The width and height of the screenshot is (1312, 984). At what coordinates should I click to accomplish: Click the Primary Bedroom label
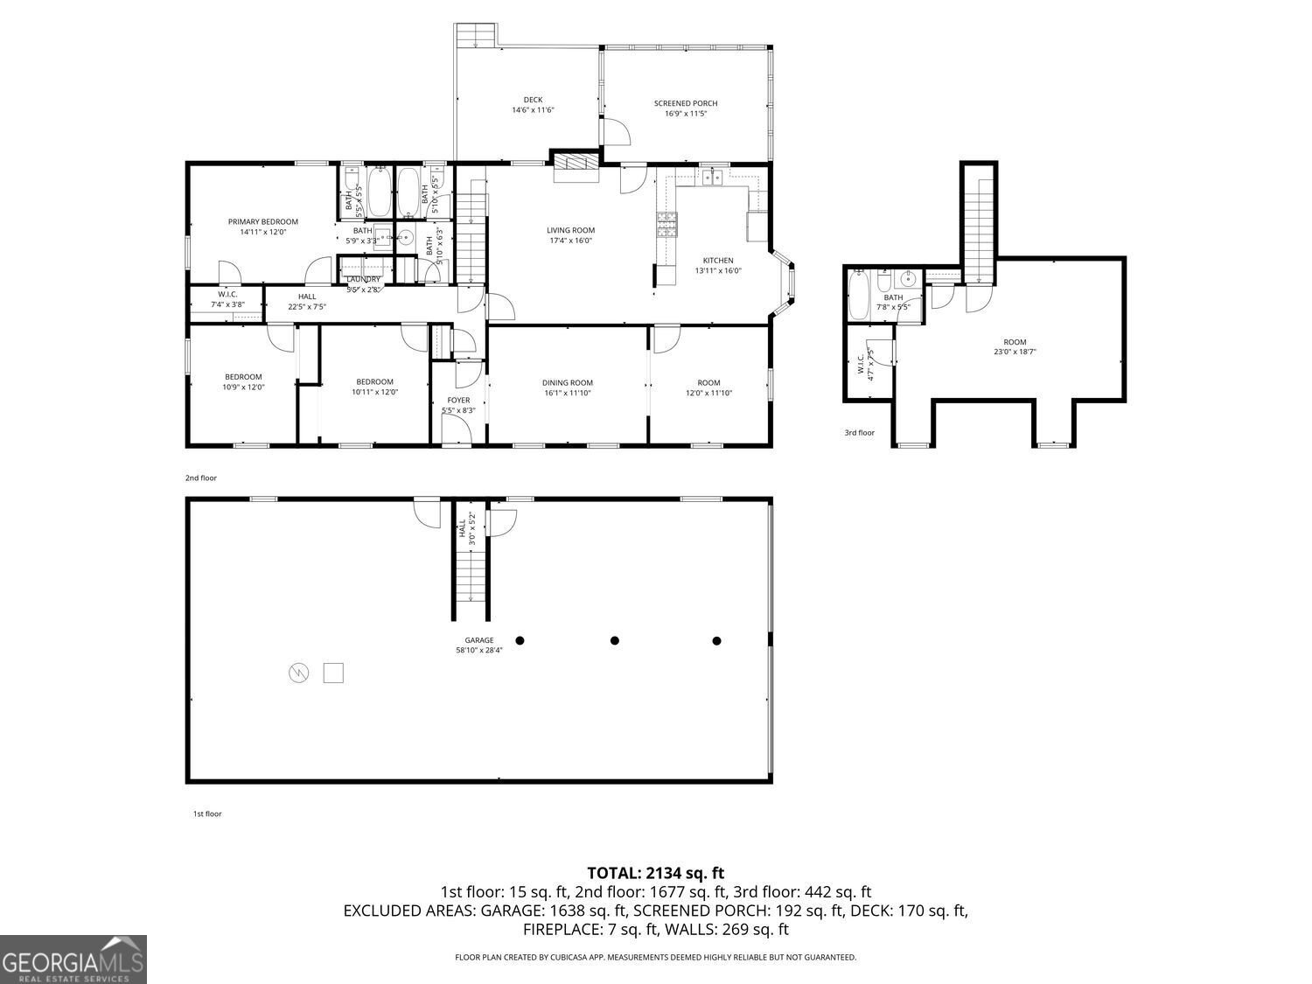[263, 221]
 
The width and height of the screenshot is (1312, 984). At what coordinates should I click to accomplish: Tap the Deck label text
[533, 100]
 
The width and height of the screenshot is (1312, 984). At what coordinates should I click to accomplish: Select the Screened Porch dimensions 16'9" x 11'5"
[686, 114]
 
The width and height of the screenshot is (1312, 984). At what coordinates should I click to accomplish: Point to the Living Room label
[571, 230]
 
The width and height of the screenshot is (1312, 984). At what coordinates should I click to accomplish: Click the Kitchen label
[718, 260]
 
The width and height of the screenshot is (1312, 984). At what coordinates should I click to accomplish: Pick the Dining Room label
[568, 382]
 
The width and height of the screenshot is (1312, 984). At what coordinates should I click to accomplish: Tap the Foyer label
[458, 400]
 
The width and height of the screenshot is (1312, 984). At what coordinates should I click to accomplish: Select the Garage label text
[479, 639]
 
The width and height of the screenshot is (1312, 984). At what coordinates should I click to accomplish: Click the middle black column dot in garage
[615, 640]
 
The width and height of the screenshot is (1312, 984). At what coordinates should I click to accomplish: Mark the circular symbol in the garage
[299, 673]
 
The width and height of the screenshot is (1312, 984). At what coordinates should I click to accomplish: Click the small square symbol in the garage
[333, 673]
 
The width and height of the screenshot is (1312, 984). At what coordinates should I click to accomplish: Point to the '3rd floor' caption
[859, 433]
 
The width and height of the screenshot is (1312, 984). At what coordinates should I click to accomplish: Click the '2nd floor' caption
[200, 478]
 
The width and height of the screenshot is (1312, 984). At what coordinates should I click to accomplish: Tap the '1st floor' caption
[207, 813]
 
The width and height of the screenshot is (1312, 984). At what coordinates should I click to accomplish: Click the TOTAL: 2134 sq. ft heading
[655, 872]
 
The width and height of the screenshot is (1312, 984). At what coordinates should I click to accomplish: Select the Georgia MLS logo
[73, 960]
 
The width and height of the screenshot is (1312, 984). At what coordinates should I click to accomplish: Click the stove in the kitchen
[666, 225]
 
